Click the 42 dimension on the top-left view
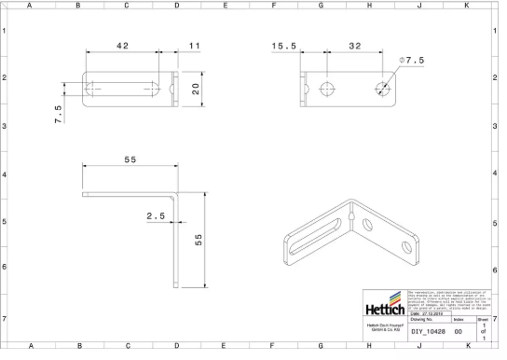pos(122,46)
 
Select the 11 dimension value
pos(194,46)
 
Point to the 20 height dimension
pos(197,90)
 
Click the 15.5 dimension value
pos(284,46)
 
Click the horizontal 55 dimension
pos(129,160)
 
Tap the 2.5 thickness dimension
pos(156,216)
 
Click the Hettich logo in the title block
pos(385,305)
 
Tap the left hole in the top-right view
pos(327,90)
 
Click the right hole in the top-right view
pos(383,90)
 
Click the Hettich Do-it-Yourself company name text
pos(385,328)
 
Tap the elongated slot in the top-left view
pos(122,90)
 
